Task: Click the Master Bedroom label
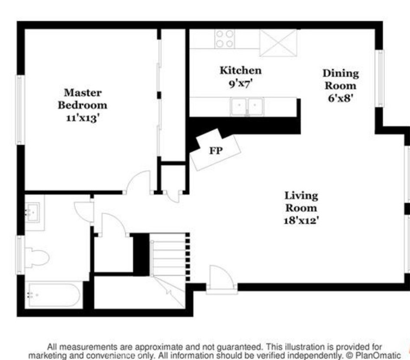pyautogui.click(x=83, y=99)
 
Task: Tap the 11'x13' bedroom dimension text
pyautogui.click(x=83, y=118)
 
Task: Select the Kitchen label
pyautogui.click(x=241, y=70)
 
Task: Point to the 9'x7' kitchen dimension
pyautogui.click(x=241, y=83)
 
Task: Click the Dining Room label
pyautogui.click(x=341, y=79)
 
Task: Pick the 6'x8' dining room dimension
pyautogui.click(x=341, y=98)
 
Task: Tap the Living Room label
pyautogui.click(x=301, y=202)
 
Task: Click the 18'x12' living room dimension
pyautogui.click(x=301, y=220)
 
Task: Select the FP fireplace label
pyautogui.click(x=216, y=151)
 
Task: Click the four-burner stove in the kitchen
pyautogui.click(x=225, y=39)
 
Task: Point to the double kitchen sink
pyautogui.click(x=247, y=106)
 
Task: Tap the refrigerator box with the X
pyautogui.click(x=278, y=43)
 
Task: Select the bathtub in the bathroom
pyautogui.click(x=54, y=295)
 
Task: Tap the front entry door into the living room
pyautogui.click(x=221, y=278)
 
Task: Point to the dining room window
pyautogui.click(x=379, y=78)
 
